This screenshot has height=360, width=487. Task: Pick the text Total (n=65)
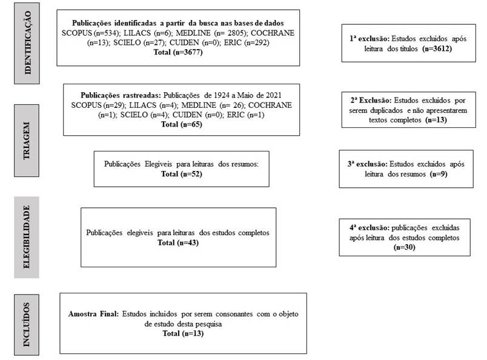pyautogui.click(x=181, y=124)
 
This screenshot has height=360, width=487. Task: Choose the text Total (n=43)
pyautogui.click(x=177, y=242)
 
